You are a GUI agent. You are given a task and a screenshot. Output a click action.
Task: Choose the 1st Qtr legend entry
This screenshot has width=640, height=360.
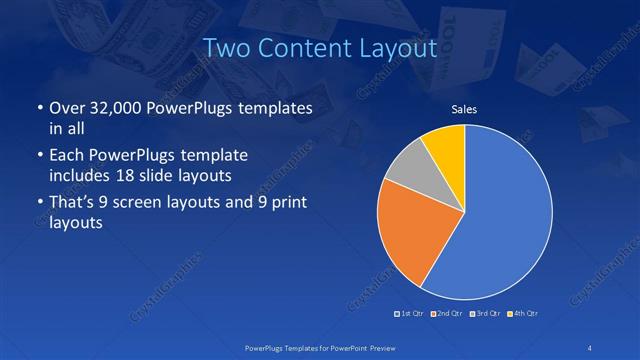[x=411, y=314]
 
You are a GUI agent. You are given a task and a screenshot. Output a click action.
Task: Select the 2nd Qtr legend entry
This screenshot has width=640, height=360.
[x=446, y=314]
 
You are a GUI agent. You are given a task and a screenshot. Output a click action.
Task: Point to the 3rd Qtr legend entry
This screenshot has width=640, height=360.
[x=485, y=314]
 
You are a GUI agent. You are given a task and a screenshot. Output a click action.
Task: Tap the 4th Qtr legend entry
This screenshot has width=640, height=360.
[x=523, y=314]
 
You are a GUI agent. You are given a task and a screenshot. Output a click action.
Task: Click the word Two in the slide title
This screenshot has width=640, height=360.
[x=226, y=47]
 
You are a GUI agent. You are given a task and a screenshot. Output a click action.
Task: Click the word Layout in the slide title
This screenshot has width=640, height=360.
[x=394, y=47]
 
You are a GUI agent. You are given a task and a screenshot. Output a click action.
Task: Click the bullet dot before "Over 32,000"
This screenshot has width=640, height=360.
[x=39, y=108]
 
